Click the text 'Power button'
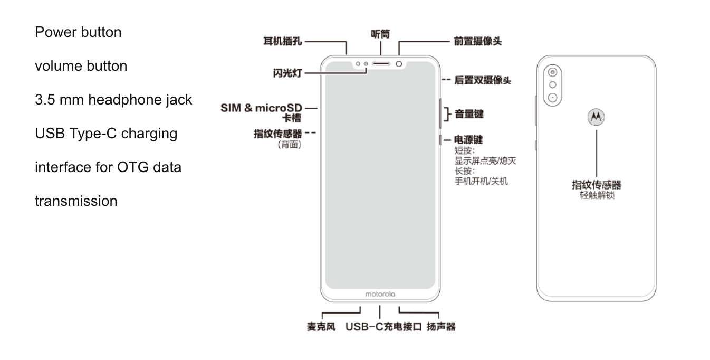coord(78,32)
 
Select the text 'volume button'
coord(81,66)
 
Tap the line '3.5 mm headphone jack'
coord(113,100)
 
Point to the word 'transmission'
coord(76,201)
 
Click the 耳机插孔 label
coord(283,41)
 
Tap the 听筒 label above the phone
coord(380,34)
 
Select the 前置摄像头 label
coord(477,41)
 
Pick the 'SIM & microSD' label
coord(261,108)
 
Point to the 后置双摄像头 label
coord(482,80)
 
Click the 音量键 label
coord(469,113)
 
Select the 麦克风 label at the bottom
coord(321,327)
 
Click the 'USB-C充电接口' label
coord(383,327)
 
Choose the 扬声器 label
coord(441,327)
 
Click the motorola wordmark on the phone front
coord(380,294)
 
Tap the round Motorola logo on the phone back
coord(596,117)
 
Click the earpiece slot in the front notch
coord(381,64)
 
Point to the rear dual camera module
coord(552,85)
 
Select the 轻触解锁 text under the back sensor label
coord(596,195)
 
